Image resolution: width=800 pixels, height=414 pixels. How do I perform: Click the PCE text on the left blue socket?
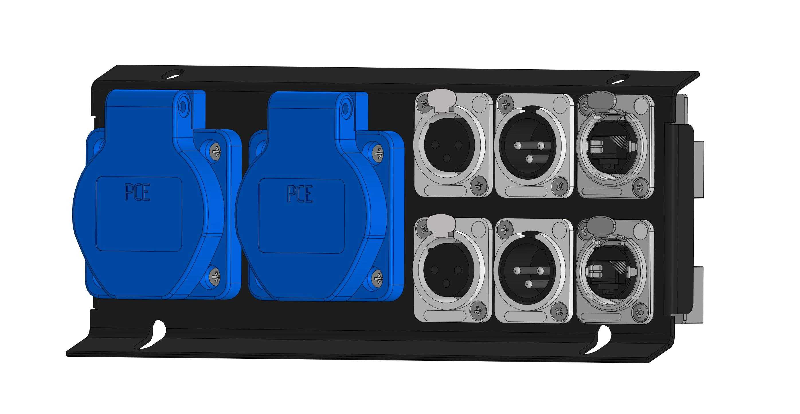(x=137, y=193)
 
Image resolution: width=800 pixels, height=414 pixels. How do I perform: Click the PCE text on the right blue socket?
(x=299, y=194)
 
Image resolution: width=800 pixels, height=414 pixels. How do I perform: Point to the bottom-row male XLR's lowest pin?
(x=528, y=283)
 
